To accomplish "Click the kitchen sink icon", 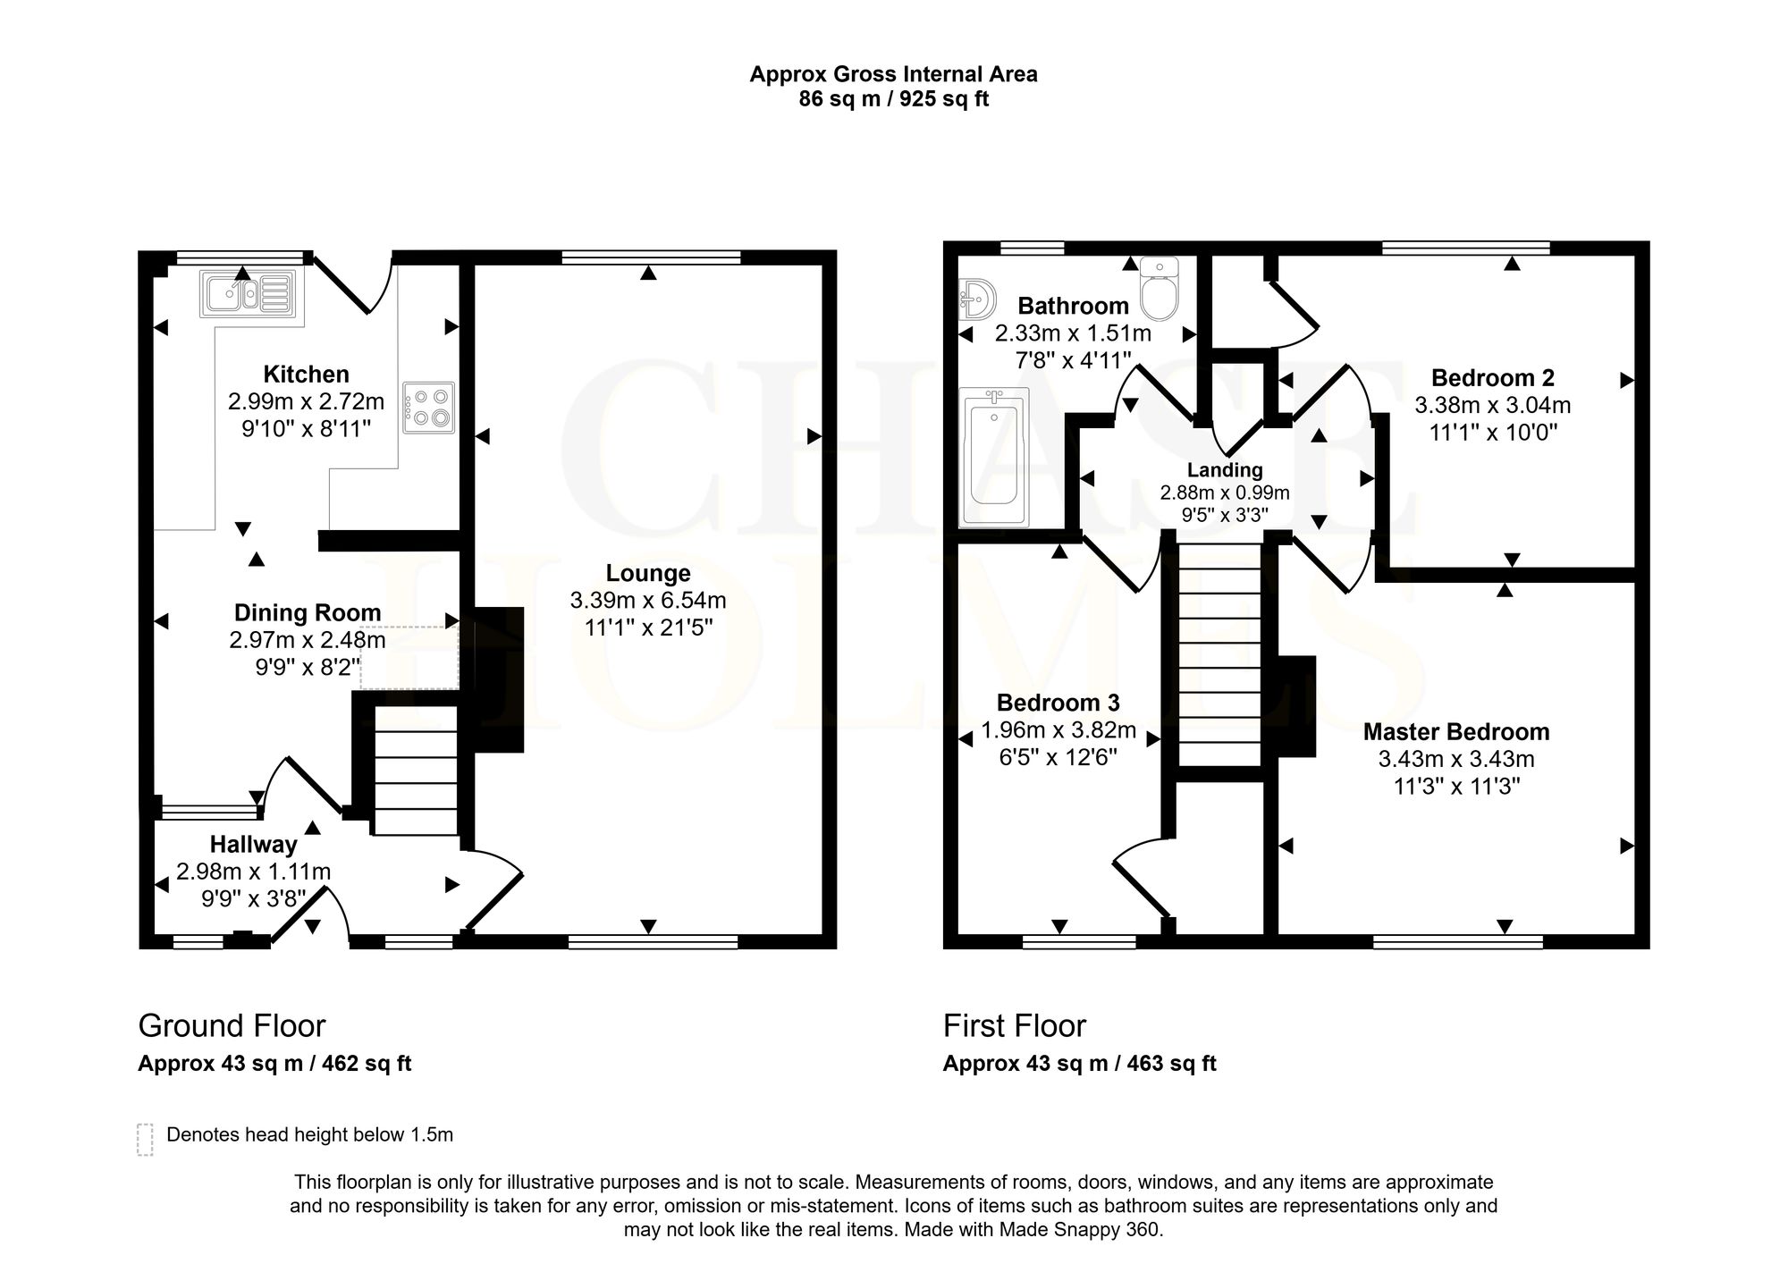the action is pos(247,292).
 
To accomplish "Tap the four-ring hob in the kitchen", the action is pos(428,408).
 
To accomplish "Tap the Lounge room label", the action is pos(648,573).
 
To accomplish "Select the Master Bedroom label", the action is pos(1456,731).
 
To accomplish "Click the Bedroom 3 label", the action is pos(1058,703).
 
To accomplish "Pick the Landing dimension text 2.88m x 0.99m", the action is pos(1225,493).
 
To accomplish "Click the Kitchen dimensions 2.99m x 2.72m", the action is pos(306,401).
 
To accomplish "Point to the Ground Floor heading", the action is pos(232,1025).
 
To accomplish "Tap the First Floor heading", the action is pos(1015,1025).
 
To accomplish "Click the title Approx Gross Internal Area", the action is pos(894,74).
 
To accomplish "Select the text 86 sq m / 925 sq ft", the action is pos(894,99).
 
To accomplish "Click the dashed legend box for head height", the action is pos(145,1140).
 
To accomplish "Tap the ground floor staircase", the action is pos(415,770).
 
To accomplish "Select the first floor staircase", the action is pos(1219,654).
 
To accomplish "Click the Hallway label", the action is pos(253,844).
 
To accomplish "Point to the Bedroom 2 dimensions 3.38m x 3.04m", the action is pos(1492,405).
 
